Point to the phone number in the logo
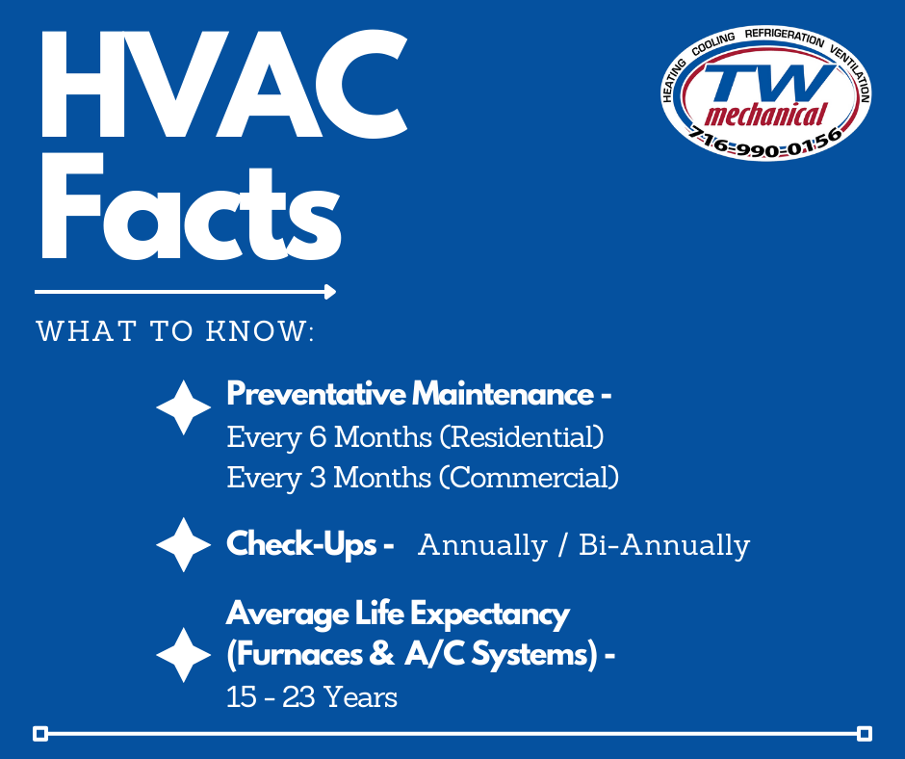pos(766,144)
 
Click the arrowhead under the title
pos(330,291)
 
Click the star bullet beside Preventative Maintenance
pos(183,406)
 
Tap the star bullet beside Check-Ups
pos(183,545)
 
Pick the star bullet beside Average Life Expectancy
pos(183,655)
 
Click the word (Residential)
pos(522,437)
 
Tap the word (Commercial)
pos(529,477)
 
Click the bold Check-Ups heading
pos(301,544)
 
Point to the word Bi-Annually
pos(664,545)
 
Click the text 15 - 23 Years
pos(312,696)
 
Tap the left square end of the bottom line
pos(40,734)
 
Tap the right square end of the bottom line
pos(864,734)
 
